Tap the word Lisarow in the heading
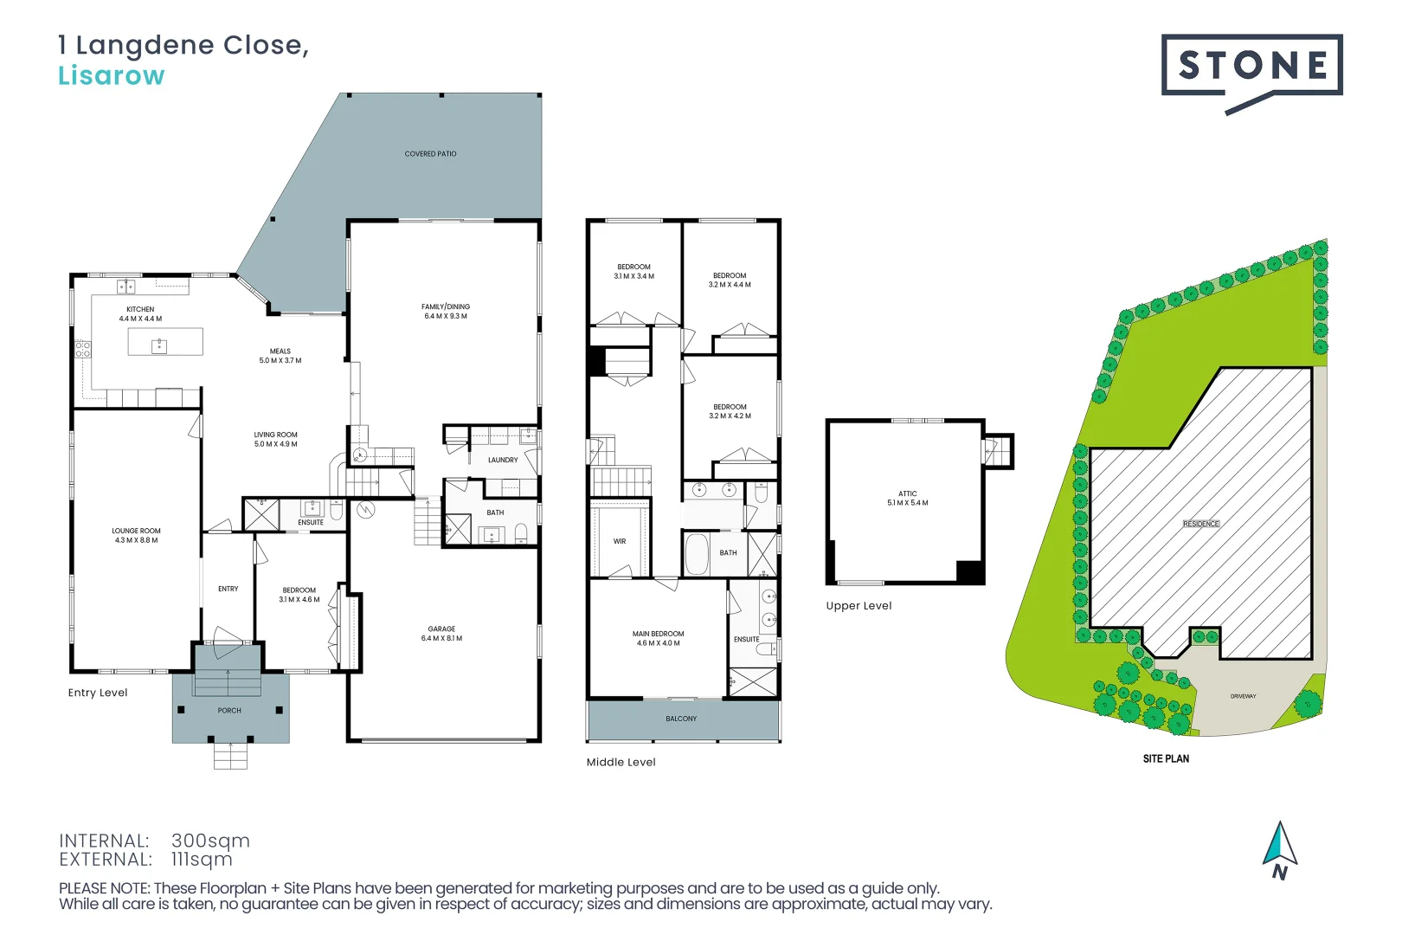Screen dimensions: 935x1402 (x=111, y=76)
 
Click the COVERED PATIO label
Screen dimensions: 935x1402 (x=430, y=154)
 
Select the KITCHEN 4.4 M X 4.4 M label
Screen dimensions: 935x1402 (x=140, y=314)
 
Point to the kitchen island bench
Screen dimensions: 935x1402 (x=165, y=342)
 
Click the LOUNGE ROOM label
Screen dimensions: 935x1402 (x=136, y=536)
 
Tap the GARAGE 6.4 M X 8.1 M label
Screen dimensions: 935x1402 (x=441, y=634)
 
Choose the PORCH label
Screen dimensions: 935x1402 (x=229, y=711)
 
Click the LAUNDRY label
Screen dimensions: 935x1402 (x=503, y=461)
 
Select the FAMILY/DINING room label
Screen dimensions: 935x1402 (x=446, y=312)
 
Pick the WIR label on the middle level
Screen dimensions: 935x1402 (x=620, y=542)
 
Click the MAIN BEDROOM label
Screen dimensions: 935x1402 (x=658, y=638)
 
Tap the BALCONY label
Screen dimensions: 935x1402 (x=681, y=719)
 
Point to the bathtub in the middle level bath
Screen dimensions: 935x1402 (x=697, y=554)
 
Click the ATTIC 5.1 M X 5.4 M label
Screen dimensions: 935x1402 (x=907, y=499)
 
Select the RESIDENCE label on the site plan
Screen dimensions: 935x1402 (x=1201, y=525)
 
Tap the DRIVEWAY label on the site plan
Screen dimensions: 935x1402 (x=1243, y=697)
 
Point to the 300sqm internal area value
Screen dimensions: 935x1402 (x=210, y=841)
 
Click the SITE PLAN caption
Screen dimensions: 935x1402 (x=1166, y=759)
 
